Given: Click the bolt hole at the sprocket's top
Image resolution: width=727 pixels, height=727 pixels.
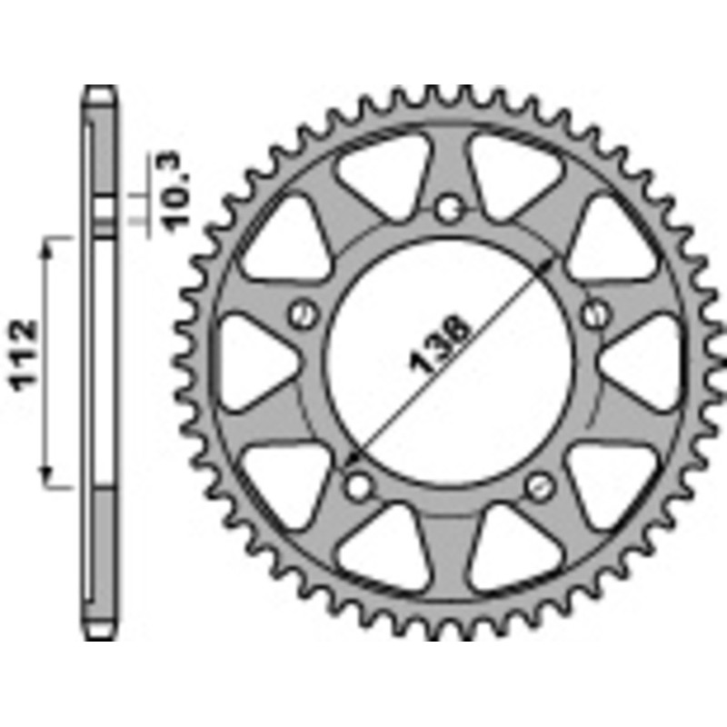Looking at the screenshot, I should (x=447, y=210).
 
